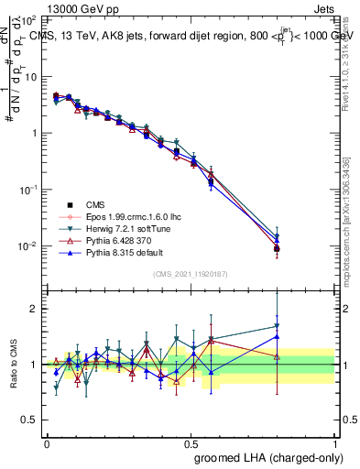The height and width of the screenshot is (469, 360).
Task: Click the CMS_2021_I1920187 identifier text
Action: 190,274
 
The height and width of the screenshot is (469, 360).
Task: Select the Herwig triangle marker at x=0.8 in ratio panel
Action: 277,326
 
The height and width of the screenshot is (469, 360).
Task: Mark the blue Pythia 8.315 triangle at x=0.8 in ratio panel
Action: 277,336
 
